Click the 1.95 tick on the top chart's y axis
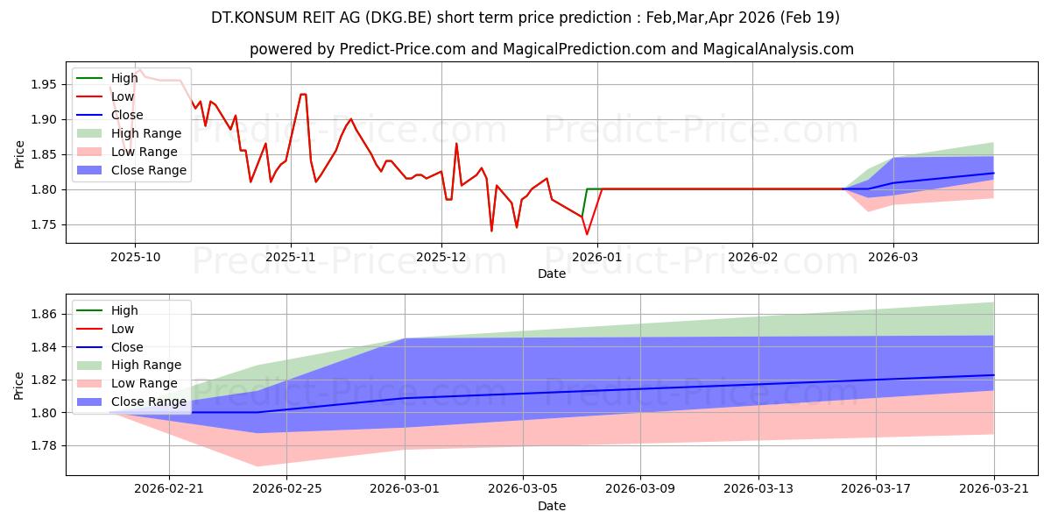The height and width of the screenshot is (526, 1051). (43, 84)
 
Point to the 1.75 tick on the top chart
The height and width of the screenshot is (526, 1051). (43, 225)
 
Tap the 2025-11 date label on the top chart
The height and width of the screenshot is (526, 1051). (291, 258)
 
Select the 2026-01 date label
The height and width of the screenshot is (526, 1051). (596, 258)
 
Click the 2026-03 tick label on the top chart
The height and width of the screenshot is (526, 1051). (892, 258)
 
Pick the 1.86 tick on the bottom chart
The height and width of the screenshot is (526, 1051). (43, 314)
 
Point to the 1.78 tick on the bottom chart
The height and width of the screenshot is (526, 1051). (43, 445)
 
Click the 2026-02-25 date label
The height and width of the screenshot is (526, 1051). (286, 489)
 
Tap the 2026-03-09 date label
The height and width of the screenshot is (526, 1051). (640, 489)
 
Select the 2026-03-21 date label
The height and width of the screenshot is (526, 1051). (994, 489)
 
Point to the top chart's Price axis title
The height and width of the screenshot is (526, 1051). (19, 154)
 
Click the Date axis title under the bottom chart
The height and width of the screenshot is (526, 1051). (551, 507)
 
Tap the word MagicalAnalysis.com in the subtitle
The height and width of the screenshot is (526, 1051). (778, 49)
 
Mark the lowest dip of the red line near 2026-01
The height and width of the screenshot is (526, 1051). (587, 234)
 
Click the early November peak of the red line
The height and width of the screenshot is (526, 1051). (303, 95)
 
